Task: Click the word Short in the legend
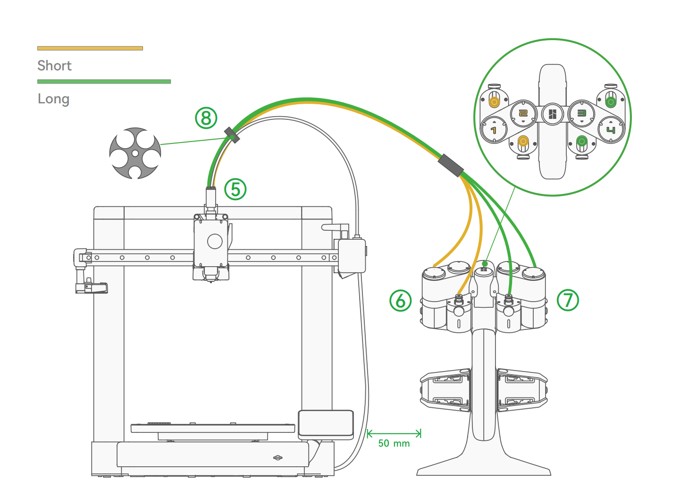[x=54, y=66]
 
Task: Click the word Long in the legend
[x=54, y=99]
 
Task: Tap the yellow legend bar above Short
[x=90, y=48]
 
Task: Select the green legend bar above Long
[x=104, y=81]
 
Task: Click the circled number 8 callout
[x=206, y=118]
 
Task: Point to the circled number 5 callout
[x=235, y=189]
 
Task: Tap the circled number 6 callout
[x=401, y=301]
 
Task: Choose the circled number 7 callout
[x=568, y=300]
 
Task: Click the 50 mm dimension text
[x=394, y=444]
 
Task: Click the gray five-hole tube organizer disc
[x=135, y=153]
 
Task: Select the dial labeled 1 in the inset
[x=494, y=130]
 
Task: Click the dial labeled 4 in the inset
[x=611, y=130]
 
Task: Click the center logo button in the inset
[x=553, y=115]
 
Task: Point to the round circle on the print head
[x=215, y=241]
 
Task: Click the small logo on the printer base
[x=278, y=458]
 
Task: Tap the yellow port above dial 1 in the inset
[x=494, y=102]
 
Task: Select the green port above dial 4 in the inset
[x=611, y=102]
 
